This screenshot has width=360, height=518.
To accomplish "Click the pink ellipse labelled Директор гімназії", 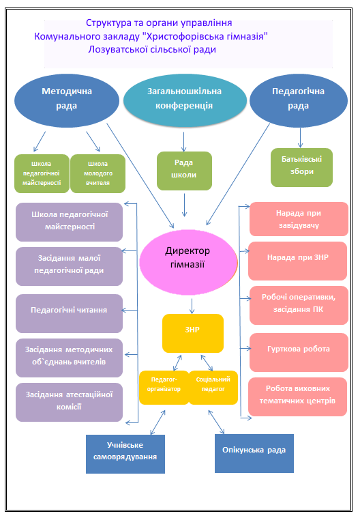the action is pyautogui.click(x=188, y=262).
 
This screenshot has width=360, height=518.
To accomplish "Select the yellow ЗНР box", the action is pyautogui.click(x=193, y=333).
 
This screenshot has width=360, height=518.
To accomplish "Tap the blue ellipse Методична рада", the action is pyautogui.click(x=67, y=100).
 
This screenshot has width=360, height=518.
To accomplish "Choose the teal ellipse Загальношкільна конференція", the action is pyautogui.click(x=185, y=100).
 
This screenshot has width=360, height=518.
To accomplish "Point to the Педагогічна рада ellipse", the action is pyautogui.click(x=298, y=100).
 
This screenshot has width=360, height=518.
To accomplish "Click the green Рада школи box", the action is pyautogui.click(x=184, y=171).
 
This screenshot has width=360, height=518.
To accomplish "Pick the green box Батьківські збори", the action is pyautogui.click(x=301, y=167).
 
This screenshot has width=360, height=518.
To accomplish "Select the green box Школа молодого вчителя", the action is pyautogui.click(x=97, y=173).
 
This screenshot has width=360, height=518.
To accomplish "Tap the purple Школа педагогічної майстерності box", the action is pyautogui.click(x=70, y=222).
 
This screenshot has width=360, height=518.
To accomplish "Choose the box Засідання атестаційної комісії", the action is pyautogui.click(x=70, y=402).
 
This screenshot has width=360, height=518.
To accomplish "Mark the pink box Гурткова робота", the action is pyautogui.click(x=299, y=352).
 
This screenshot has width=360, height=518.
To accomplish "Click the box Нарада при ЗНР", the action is pyautogui.click(x=298, y=261).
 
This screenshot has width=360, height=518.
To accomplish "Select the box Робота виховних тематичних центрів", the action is pyautogui.click(x=298, y=397).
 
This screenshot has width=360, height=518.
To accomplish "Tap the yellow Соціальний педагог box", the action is pyautogui.click(x=213, y=388).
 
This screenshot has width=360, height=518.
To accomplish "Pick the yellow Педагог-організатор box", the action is pyautogui.click(x=164, y=388).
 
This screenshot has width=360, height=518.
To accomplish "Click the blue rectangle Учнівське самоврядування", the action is pyautogui.click(x=125, y=454).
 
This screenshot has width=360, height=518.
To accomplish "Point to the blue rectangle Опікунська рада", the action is pyautogui.click(x=254, y=453).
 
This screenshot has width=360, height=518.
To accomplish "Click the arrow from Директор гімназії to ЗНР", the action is pyautogui.click(x=192, y=306).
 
